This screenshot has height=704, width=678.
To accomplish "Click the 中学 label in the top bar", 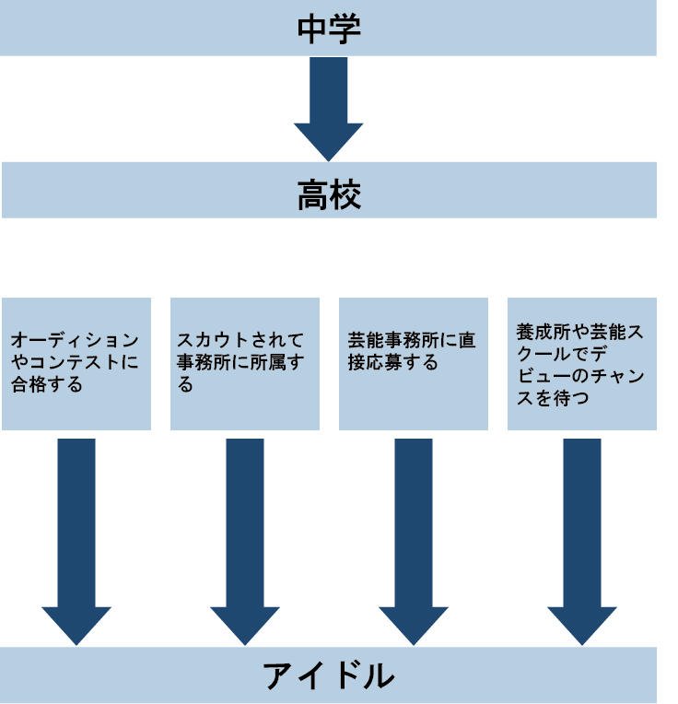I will pos(328,28).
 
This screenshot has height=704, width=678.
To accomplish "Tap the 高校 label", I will pos(328,195).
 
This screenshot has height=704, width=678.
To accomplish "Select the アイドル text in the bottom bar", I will pos(328,676).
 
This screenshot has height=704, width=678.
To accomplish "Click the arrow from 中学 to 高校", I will pos(328,106).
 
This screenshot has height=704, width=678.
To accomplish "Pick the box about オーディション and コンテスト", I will pos(76,363).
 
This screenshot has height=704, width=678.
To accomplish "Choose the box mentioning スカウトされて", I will pos(244,363).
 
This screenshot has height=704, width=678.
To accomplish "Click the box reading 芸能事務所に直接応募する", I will pos(413,363).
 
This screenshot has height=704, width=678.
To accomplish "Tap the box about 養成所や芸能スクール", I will pos(581,363).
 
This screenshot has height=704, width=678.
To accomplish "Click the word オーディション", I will pos(76,341).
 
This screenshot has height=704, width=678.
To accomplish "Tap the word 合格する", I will pos(47,384).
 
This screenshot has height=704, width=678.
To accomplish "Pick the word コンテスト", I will pos(78,363).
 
